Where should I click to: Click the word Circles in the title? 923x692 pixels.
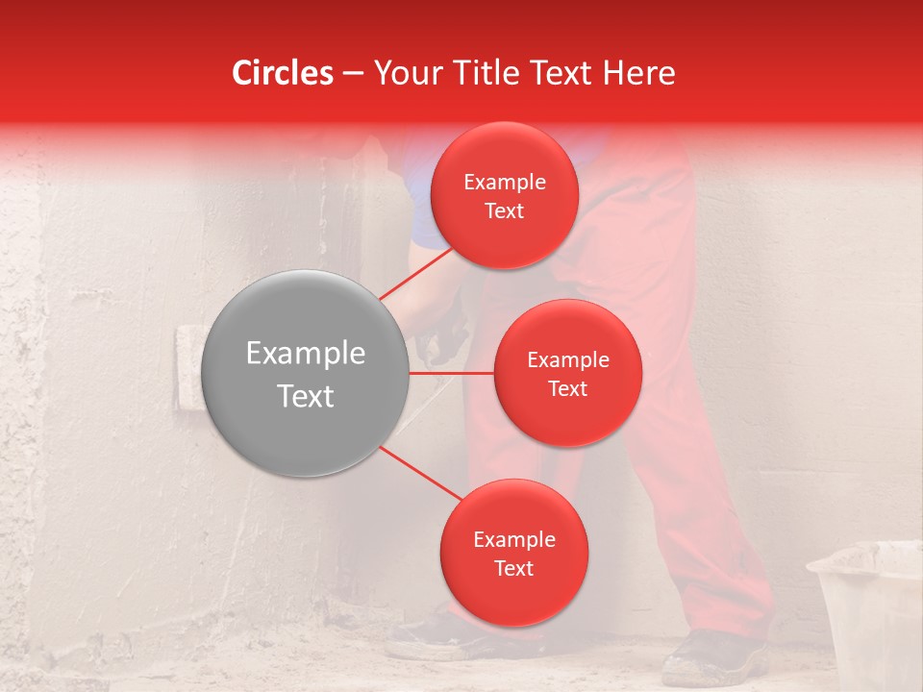coord(283,73)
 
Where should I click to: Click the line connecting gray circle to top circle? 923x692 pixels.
coord(416,273)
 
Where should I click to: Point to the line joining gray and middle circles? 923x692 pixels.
coord(452,372)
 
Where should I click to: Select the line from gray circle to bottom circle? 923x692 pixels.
coord(419,472)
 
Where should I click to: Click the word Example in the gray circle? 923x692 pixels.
coord(306,354)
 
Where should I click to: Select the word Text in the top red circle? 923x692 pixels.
coord(505,210)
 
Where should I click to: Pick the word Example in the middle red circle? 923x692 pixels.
coord(568,360)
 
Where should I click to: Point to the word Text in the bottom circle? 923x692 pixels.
coord(513,568)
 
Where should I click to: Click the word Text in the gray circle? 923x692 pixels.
coord(306,396)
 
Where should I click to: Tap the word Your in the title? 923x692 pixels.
coord(405,73)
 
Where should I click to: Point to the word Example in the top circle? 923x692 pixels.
coord(505,183)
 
